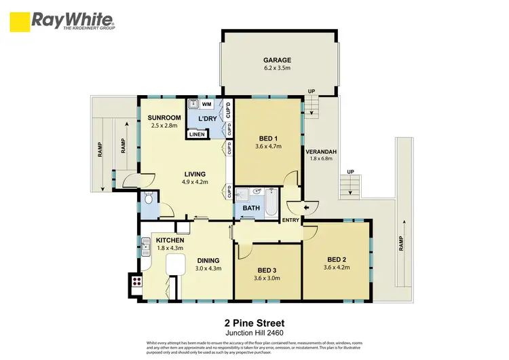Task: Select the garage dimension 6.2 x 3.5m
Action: click(277, 68)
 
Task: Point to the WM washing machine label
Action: click(206, 104)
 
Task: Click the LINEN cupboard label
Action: click(197, 134)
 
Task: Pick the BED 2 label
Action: click(337, 259)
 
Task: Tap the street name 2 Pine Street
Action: click(254, 323)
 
